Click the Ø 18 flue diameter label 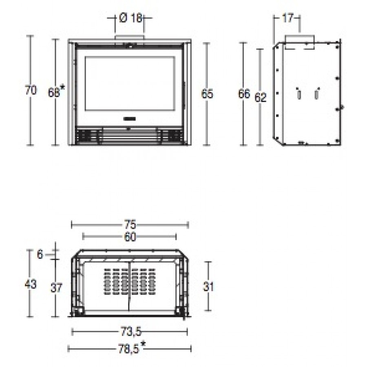point(130,18)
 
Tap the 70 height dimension point(31,90)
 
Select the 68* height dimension point(56,91)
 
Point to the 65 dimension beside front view point(207,94)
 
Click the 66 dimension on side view point(244,94)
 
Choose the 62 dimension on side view point(260,97)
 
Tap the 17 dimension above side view point(287,18)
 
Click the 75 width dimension point(130,225)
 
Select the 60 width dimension point(130,237)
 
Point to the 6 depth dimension point(40,254)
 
